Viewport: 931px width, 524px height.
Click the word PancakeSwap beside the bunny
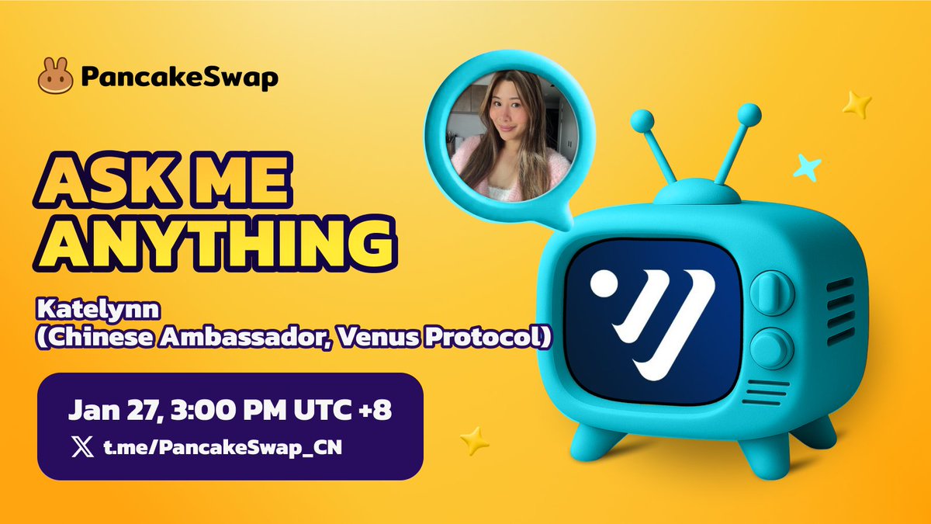(179, 77)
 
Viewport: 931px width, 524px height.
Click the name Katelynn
(99, 310)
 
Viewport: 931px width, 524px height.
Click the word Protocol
(483, 337)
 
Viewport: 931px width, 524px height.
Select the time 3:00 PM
(228, 410)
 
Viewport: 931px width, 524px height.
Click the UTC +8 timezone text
(343, 410)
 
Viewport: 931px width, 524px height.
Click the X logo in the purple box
(83, 446)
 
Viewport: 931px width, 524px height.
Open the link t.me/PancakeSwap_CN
(223, 448)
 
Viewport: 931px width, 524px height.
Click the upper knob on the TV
(772, 293)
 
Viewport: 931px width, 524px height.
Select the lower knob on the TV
(772, 349)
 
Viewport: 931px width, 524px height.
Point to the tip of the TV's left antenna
(642, 121)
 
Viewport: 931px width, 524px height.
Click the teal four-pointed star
(807, 167)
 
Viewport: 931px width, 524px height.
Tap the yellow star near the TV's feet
(474, 440)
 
